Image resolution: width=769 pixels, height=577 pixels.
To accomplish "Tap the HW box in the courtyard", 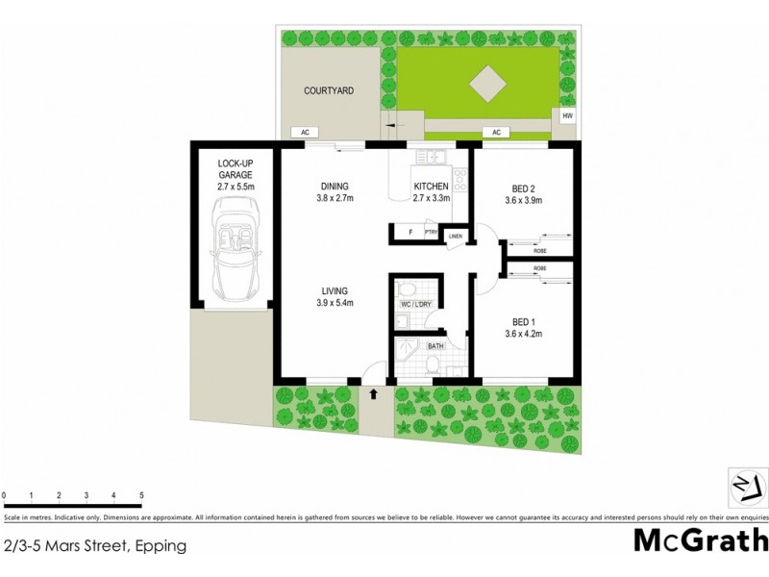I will (x=567, y=116).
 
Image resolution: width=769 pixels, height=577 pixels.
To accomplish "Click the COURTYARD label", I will (x=329, y=90).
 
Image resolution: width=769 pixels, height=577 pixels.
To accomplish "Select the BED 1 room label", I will (x=523, y=322).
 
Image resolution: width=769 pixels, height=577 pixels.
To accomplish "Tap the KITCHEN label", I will (x=432, y=187).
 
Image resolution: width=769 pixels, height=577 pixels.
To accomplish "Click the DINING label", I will (x=335, y=187).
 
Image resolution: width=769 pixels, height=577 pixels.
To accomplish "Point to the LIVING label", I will (x=335, y=291).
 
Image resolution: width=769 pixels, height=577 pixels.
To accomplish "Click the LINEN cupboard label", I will (x=456, y=236).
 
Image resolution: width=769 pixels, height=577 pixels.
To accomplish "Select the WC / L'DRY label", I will (x=416, y=306).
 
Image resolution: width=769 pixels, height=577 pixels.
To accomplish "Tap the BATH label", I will (x=434, y=344).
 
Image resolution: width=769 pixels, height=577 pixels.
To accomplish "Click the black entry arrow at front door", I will (x=374, y=392).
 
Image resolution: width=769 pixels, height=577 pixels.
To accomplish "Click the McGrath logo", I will (x=700, y=539).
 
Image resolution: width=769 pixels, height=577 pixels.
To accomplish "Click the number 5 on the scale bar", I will (x=142, y=496).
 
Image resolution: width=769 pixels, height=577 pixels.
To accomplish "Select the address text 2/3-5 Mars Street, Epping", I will (x=94, y=545).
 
